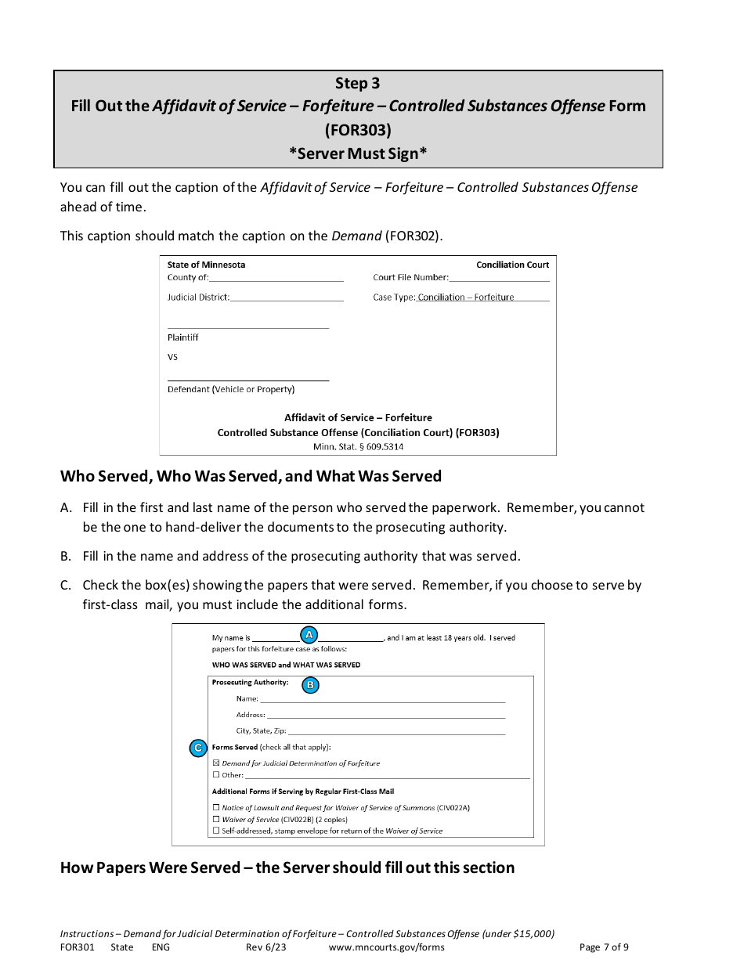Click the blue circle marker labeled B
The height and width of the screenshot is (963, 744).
point(310,685)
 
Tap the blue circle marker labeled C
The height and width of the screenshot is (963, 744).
point(198,748)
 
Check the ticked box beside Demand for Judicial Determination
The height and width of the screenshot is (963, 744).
point(216,763)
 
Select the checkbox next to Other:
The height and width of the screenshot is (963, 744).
point(216,775)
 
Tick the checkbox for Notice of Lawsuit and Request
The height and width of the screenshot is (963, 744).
point(216,807)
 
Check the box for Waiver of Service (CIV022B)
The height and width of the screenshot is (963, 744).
point(216,819)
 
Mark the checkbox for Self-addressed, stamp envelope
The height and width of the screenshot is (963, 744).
point(216,831)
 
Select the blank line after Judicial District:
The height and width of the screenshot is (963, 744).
point(287,298)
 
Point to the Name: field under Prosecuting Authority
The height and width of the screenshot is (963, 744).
point(381,699)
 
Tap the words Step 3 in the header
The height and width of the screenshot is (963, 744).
point(358,84)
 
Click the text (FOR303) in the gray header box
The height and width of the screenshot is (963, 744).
point(358,129)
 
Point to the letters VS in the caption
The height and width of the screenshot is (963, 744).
point(172,357)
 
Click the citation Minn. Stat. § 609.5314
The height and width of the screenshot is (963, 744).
point(358,447)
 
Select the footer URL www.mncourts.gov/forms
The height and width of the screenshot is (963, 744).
point(387,947)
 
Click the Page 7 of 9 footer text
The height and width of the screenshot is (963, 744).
point(603,947)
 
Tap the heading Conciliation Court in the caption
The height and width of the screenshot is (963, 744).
point(512,265)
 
